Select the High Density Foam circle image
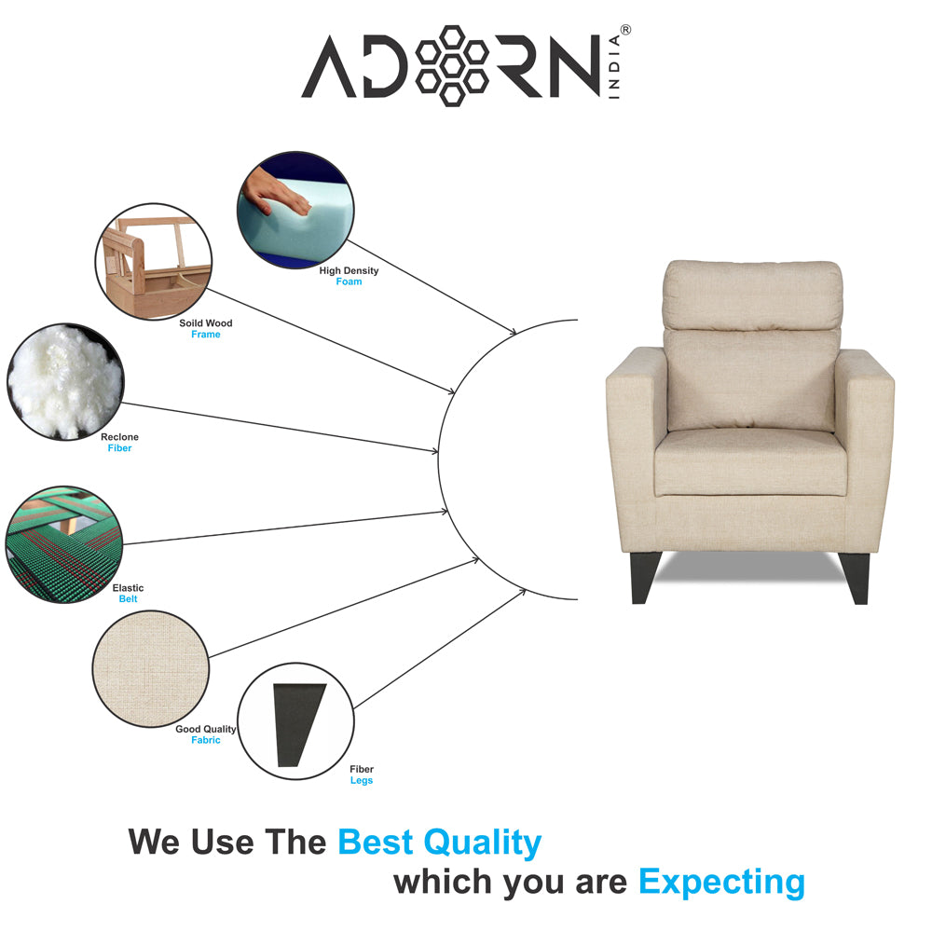[295, 211]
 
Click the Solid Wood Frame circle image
[154, 263]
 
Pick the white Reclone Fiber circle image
[64, 382]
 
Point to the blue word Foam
[349, 281]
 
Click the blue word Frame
[206, 335]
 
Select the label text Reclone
[120, 437]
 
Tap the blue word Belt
[128, 599]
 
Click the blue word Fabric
[206, 740]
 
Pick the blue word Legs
[362, 780]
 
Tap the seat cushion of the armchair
[750, 461]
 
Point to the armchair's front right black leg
[856, 577]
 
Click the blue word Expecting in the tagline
[721, 881]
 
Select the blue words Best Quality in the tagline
[439, 843]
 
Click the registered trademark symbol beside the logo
[624, 30]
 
